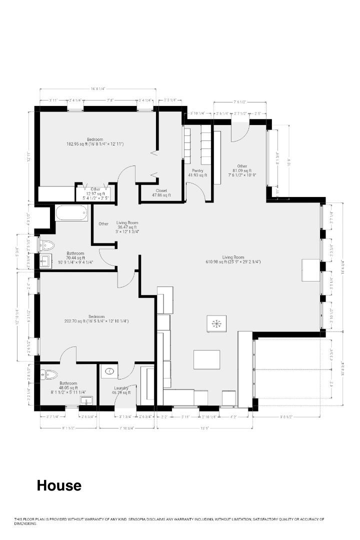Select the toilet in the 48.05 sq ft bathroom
(x=48, y=374)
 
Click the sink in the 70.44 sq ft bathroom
(x=45, y=260)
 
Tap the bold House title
(x=58, y=485)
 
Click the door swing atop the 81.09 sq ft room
(x=240, y=131)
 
